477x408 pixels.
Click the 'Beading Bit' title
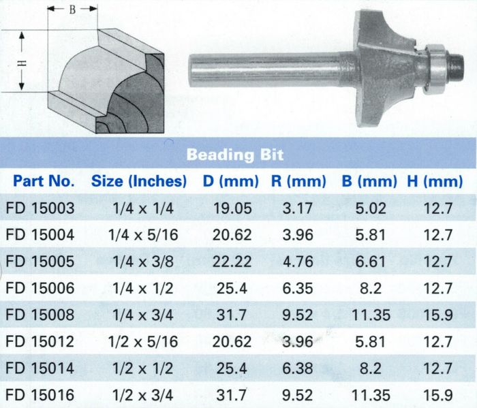point(235,155)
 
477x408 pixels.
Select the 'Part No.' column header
point(44,181)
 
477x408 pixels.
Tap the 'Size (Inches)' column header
point(139,181)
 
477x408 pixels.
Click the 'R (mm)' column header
point(298,181)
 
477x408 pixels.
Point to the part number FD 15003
point(40,208)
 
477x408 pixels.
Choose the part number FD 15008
point(40,315)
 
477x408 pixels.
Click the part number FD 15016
point(40,395)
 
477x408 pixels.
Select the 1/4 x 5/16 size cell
point(143,235)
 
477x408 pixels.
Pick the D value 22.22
point(232,262)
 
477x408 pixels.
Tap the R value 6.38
point(298,368)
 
